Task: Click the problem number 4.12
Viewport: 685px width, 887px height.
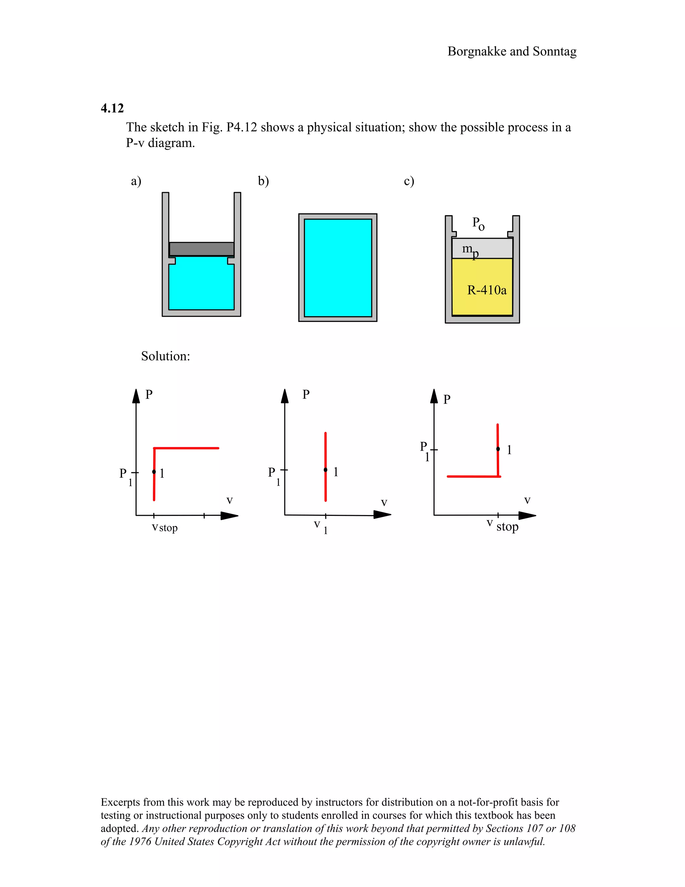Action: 112,108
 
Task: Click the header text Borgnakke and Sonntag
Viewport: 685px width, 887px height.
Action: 512,52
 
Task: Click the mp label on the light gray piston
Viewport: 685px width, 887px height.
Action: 470,250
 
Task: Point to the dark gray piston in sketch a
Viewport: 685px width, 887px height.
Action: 201,249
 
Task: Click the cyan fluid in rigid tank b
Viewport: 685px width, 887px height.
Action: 337,268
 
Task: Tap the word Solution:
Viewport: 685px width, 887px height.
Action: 165,356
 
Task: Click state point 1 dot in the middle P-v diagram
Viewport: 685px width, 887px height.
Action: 325,470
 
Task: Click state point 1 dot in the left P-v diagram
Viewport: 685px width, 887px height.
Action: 154,472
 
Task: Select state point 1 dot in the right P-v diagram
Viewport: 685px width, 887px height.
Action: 498,449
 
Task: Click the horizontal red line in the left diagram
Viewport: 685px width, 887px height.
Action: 187,448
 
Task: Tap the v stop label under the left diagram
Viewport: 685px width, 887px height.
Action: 165,528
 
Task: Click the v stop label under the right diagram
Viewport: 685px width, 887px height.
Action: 503,526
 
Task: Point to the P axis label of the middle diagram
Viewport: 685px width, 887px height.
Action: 306,394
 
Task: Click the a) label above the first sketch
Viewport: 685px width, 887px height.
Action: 136,181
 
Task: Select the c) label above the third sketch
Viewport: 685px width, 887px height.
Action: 409,181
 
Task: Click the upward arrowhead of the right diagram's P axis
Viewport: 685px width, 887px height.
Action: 434,396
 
